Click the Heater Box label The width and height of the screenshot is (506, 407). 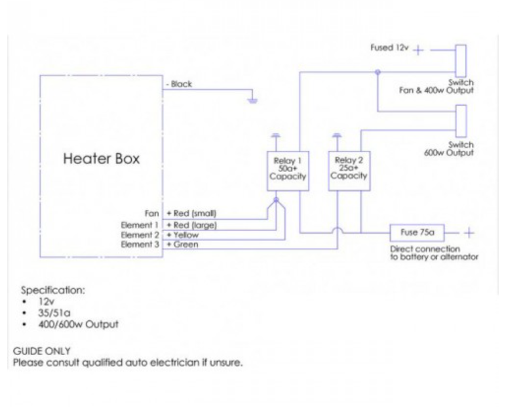pyautogui.click(x=101, y=159)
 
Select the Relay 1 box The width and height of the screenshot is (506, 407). pyautogui.click(x=286, y=171)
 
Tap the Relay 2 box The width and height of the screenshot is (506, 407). pyautogui.click(x=348, y=171)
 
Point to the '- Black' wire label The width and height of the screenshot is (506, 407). pyautogui.click(x=179, y=84)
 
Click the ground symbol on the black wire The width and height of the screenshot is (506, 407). pyautogui.click(x=252, y=100)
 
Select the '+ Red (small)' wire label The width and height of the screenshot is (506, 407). pyautogui.click(x=191, y=213)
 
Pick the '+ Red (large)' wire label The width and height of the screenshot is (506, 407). pyautogui.click(x=191, y=225)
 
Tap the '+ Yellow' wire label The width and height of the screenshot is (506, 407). pyautogui.click(x=182, y=234)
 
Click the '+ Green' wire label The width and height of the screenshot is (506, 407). pyautogui.click(x=182, y=244)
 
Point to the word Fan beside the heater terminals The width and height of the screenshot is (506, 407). pyautogui.click(x=152, y=213)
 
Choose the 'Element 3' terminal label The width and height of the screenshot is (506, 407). pyautogui.click(x=141, y=244)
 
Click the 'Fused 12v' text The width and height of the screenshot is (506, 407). pyautogui.click(x=389, y=49)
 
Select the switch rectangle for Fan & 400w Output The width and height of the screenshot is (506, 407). pyautogui.click(x=461, y=62)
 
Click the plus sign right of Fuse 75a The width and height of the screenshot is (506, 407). pyautogui.click(x=469, y=232)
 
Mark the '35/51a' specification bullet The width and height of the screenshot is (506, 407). pyautogui.click(x=44, y=313)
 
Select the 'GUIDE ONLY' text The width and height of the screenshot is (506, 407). pyautogui.click(x=42, y=351)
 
